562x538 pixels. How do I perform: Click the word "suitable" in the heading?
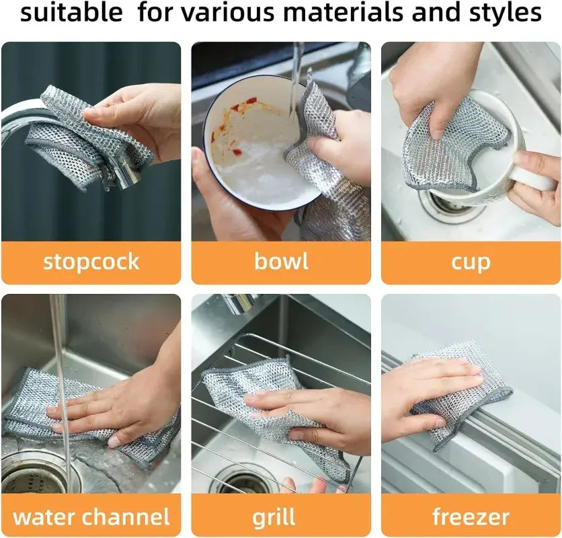[x=71, y=13]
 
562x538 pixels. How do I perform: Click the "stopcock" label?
[x=91, y=262]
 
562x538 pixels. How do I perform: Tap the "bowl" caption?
[x=281, y=262]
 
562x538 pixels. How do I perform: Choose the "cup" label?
[x=471, y=262]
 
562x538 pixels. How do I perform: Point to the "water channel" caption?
[x=91, y=516]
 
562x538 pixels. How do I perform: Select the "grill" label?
[x=274, y=516]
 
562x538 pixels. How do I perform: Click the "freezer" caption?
[x=471, y=516]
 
